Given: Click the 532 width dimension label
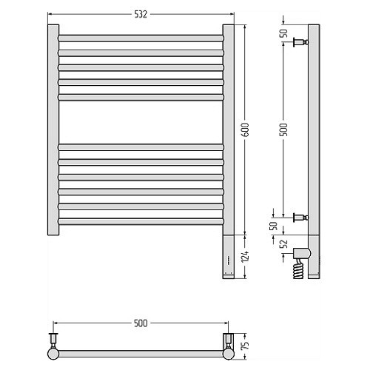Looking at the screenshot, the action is click(141, 14).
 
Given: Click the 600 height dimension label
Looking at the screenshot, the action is click(246, 129).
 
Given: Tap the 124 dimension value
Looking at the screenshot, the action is click(246, 256).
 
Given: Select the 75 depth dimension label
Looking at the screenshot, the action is click(246, 345).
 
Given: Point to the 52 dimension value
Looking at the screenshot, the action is click(284, 243).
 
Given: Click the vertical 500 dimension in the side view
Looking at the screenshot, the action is click(284, 129).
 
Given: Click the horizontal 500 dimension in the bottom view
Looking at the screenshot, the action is click(141, 323).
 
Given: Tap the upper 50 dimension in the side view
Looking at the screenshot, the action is click(284, 33).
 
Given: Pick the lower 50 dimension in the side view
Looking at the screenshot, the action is click(275, 226).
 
